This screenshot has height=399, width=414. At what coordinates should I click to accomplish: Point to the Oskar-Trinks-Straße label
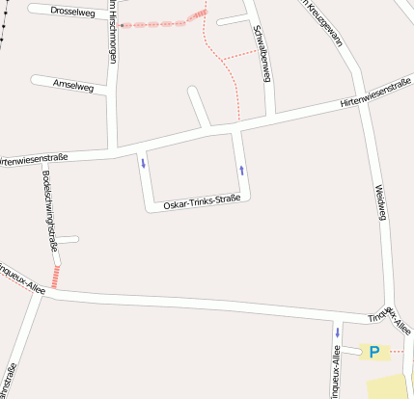201,202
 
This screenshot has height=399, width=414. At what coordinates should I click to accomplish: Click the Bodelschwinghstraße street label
49,210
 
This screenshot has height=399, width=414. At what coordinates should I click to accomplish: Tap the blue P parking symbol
373,352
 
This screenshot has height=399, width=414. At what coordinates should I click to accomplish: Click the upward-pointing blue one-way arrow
241,171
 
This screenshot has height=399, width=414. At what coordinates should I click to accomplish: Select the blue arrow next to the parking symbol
338,332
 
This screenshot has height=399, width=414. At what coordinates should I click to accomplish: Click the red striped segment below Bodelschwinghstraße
55,278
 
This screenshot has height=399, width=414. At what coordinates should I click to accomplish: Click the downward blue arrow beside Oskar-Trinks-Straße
144,162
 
